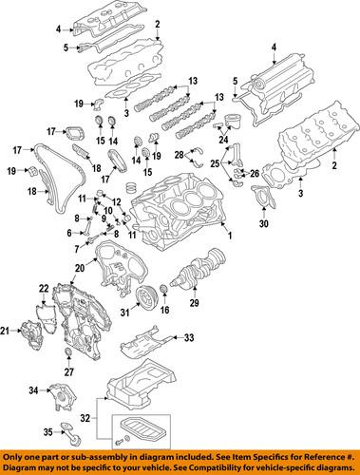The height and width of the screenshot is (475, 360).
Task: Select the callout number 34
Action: pos(33,389)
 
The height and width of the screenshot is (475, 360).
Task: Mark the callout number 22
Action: pos(43,287)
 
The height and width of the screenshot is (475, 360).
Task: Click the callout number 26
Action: pos(254,172)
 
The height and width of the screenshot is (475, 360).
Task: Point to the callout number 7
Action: pos(78,249)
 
